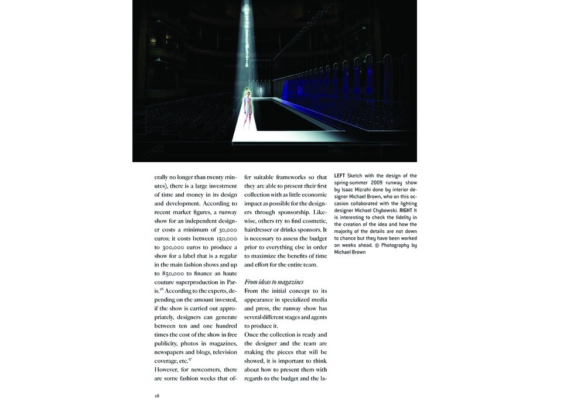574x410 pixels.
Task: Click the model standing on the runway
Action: tap(248, 109)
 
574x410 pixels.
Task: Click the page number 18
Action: tap(157, 396)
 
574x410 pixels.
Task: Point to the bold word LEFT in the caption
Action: tap(340, 176)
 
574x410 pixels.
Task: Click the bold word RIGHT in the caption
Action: tap(407, 210)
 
